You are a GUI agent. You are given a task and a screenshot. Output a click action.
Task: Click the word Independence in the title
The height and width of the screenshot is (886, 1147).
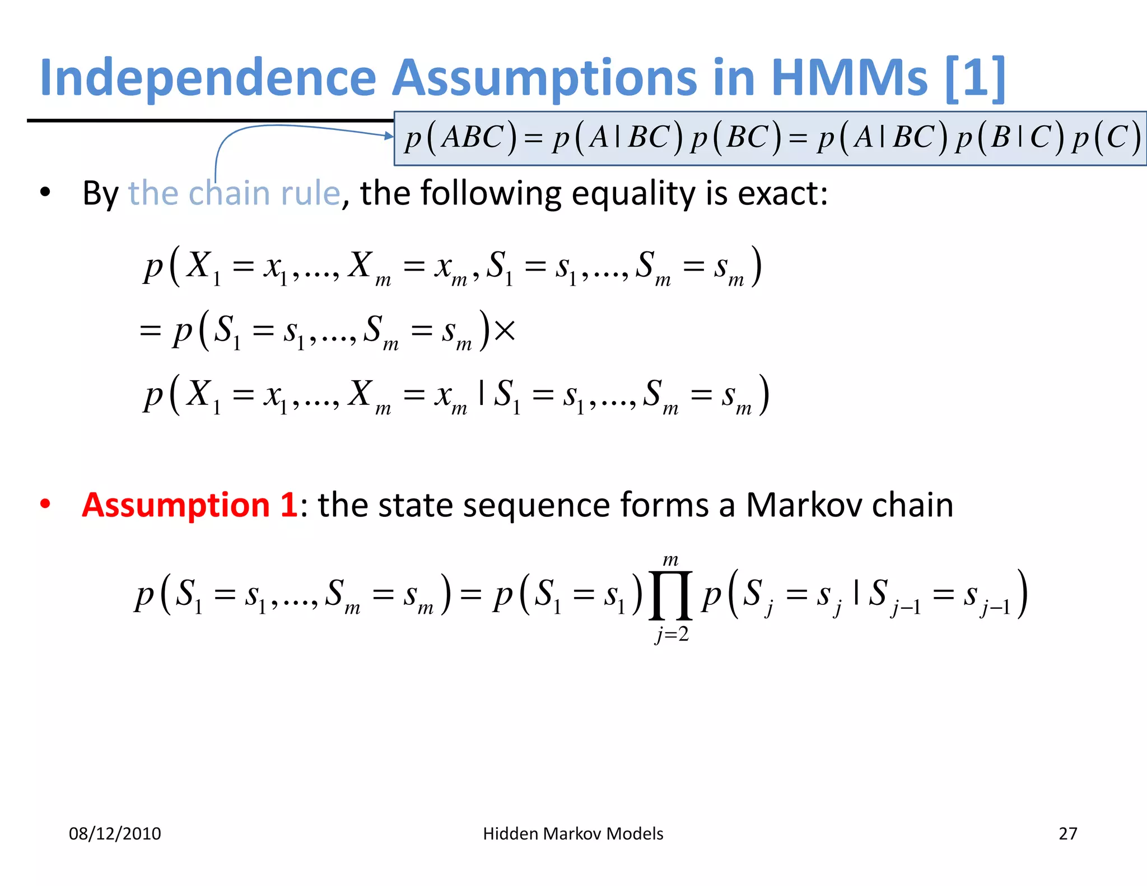tap(208, 78)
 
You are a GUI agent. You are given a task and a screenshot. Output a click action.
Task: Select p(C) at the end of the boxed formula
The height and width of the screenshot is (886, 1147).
tap(1106, 138)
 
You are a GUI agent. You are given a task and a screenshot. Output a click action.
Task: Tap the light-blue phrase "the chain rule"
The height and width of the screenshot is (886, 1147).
tap(234, 193)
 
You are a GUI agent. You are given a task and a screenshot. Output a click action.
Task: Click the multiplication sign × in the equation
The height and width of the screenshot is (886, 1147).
tap(505, 330)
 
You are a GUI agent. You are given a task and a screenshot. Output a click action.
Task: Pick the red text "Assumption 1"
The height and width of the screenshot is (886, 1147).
tap(189, 505)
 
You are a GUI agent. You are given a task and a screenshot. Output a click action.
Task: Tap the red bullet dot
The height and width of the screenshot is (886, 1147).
tap(45, 504)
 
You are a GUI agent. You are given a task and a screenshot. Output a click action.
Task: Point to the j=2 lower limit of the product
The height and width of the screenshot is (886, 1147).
tap(672, 635)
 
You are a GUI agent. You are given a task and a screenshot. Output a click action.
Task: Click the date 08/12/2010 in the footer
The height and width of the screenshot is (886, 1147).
tap(115, 833)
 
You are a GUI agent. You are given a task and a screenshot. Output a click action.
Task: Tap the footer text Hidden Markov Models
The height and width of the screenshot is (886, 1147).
tap(573, 833)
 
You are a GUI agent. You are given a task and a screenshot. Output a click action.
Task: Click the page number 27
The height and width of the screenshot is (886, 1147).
tap(1067, 833)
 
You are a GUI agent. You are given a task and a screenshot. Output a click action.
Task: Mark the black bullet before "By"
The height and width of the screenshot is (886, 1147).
tap(45, 193)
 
